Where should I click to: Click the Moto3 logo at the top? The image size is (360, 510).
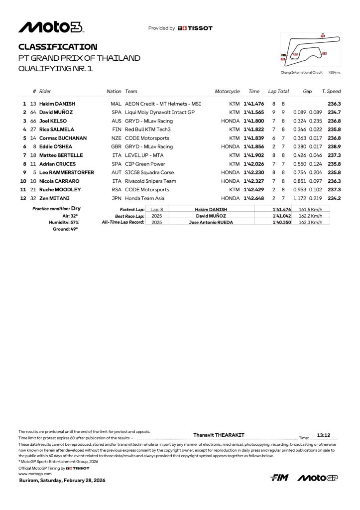pos(51,27)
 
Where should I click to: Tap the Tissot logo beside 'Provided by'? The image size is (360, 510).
pos(195,28)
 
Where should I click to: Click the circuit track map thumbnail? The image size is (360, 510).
pos(310,50)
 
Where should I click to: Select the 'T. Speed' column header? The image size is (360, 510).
pos(331,92)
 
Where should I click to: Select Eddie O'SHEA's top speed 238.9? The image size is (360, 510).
pos(334,147)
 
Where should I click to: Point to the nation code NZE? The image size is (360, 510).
pos(117,138)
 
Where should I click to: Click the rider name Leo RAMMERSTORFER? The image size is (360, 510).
pos(67,172)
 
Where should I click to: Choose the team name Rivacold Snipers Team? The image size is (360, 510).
pos(151,181)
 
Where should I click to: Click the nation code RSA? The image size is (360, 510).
pos(117,190)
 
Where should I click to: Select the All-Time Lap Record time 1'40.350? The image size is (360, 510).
pos(281,222)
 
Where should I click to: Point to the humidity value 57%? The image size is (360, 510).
pos(74,222)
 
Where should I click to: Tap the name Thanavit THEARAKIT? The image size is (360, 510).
pos(219,435)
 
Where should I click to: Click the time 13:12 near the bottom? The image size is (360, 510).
pos(324,435)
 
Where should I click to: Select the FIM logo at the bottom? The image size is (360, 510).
pos(279,478)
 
